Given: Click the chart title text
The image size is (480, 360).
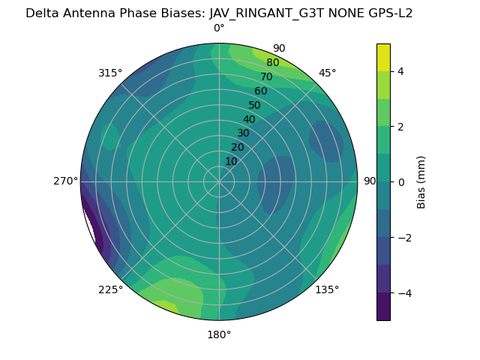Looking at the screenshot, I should pos(219,13).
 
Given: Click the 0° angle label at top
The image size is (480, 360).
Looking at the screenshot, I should pos(219,28).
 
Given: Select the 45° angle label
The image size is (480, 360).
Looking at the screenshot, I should pos(328,73).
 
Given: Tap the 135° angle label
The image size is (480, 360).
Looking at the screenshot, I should pos(327,290).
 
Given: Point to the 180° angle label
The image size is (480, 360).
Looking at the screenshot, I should pos(219,334).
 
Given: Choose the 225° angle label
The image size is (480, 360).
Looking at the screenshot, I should pos(110,290).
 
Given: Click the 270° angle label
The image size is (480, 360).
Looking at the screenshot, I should pos(65,181).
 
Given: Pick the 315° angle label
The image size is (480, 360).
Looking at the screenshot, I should pos(110,73).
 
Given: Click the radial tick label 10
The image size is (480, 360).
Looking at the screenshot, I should pos(231,161).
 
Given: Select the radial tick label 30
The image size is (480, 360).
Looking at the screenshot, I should pos(243,133).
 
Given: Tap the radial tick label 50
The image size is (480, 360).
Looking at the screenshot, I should pos(255,106).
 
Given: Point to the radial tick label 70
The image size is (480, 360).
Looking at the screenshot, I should pos(266,77).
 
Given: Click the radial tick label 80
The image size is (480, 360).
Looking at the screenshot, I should pos(272,63).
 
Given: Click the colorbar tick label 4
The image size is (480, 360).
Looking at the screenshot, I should pos(401,71).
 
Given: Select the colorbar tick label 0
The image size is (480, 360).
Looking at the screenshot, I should pos(401,182).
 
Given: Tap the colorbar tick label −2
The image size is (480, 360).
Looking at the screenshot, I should pos(404,238).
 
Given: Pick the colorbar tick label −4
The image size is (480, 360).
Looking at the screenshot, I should pos(404,293).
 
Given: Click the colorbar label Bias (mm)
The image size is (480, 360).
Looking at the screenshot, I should pos(421,181).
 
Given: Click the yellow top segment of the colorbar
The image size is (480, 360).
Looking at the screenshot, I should pos(383,57).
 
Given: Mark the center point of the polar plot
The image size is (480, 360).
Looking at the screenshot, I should pos(219,181).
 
